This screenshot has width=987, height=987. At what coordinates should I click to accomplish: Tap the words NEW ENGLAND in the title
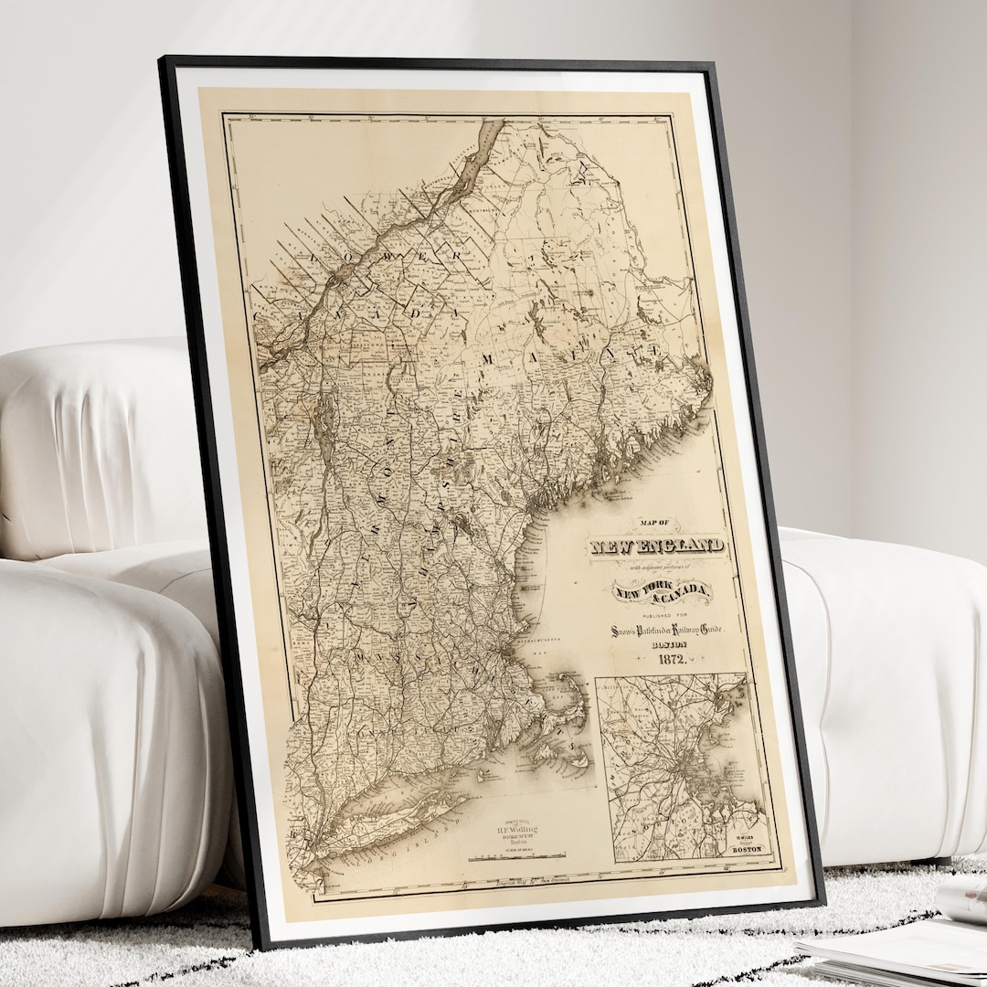[658, 547]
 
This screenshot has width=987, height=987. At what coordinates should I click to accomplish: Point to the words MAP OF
[652, 522]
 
